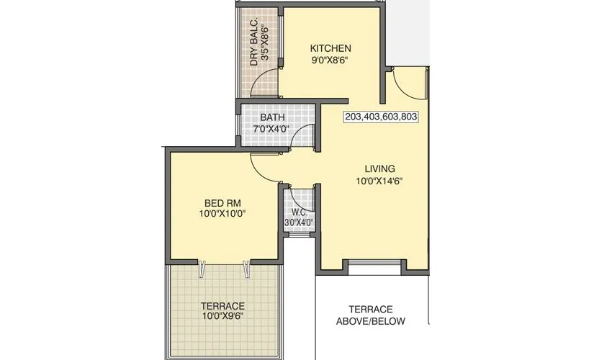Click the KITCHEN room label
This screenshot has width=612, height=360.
(x=330, y=48)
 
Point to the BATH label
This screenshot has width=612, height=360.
(x=272, y=117)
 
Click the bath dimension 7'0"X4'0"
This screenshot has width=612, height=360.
(x=271, y=130)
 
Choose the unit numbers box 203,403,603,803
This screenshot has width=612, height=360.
(x=382, y=116)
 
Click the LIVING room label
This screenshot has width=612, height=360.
(x=379, y=169)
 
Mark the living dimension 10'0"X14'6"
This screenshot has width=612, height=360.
(x=379, y=181)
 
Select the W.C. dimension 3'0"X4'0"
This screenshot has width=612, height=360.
(x=298, y=223)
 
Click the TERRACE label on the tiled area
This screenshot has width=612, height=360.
(x=222, y=306)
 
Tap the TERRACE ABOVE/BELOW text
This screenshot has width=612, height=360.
(x=371, y=315)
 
